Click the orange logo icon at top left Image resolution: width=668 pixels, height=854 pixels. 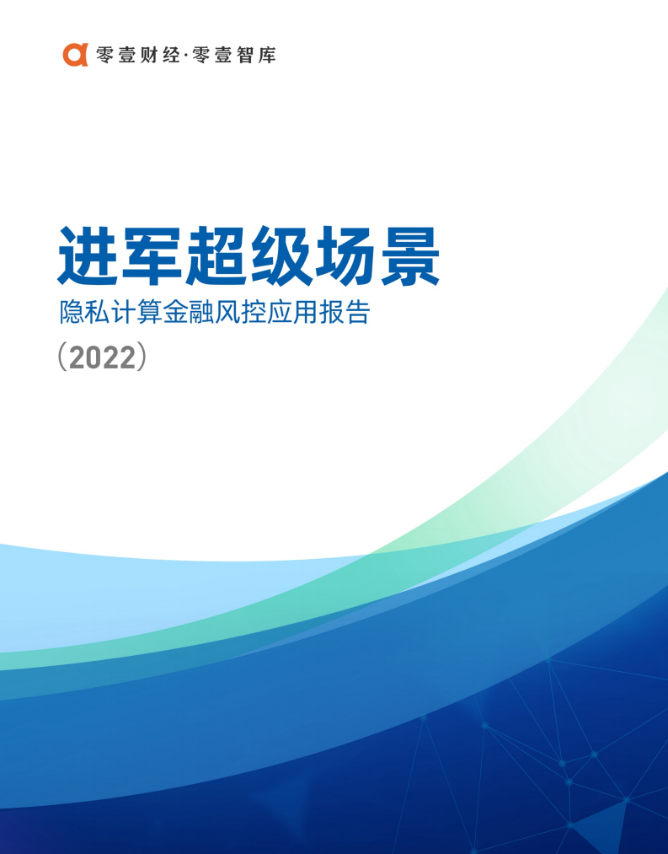[75, 55]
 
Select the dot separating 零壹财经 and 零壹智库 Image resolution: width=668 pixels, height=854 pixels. [186, 56]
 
